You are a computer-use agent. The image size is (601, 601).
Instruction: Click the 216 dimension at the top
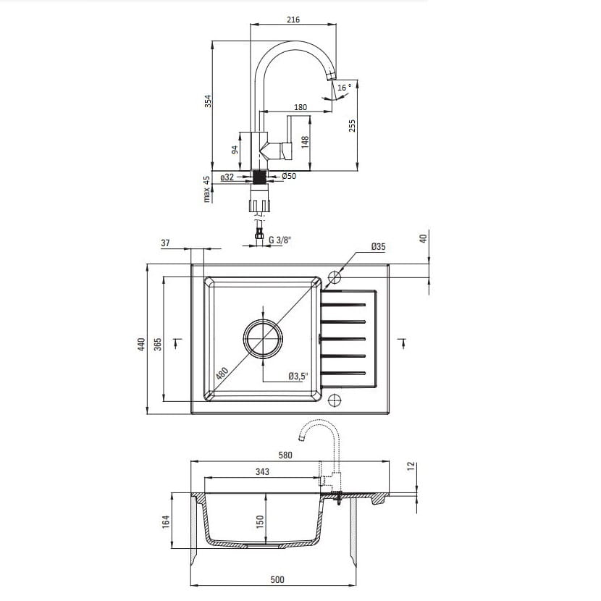tap(293, 20)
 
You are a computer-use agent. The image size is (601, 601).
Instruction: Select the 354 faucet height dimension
tap(207, 101)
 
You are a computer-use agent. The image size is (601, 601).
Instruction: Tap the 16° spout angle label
tap(344, 88)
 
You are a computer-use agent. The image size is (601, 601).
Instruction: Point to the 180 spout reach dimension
tap(300, 107)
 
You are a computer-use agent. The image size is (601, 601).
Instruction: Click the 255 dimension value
tap(352, 126)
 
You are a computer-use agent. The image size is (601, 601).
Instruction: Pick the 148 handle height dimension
tap(305, 142)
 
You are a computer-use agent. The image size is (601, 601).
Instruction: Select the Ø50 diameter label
tap(289, 176)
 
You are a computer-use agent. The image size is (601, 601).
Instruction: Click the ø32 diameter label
tap(227, 177)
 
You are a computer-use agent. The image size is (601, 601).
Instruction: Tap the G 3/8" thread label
tap(280, 240)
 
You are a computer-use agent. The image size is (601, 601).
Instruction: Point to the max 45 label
tap(206, 189)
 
